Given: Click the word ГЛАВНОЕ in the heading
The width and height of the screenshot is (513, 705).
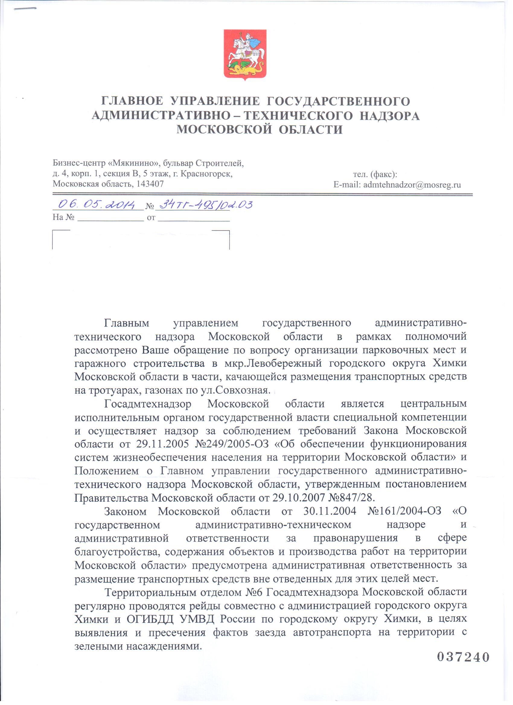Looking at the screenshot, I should coord(132,101).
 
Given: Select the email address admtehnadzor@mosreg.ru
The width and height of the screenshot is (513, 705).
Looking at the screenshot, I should coord(412,185).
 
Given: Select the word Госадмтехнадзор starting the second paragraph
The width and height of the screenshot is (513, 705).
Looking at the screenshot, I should coord(148,404).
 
